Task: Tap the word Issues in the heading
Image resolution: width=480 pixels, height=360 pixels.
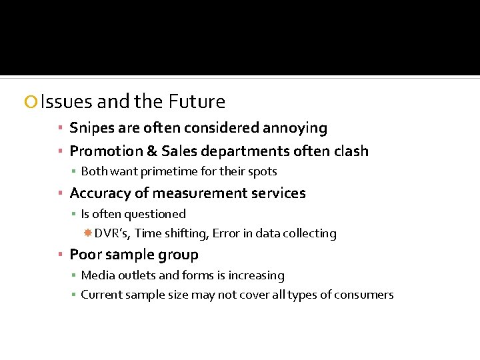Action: click(x=66, y=102)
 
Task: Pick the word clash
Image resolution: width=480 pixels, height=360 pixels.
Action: click(x=350, y=151)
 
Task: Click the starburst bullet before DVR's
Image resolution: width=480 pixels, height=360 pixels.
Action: click(x=87, y=233)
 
